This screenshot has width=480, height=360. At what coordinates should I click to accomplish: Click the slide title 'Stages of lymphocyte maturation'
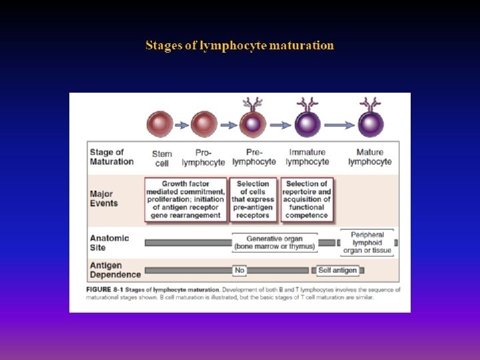click(x=239, y=46)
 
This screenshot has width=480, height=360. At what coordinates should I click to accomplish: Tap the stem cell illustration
click(x=161, y=124)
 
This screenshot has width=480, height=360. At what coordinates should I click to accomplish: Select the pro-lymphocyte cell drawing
click(x=204, y=124)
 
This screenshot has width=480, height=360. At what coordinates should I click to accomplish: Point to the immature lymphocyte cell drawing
click(x=307, y=124)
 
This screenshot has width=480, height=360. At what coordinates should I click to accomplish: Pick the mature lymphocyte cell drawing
click(x=370, y=124)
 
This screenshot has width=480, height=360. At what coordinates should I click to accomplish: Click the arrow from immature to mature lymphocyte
click(x=339, y=124)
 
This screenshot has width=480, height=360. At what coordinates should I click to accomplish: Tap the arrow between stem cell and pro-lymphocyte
click(x=182, y=124)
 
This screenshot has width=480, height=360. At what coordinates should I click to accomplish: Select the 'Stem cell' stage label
click(x=161, y=157)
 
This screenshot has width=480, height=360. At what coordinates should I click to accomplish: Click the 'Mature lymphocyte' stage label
click(x=370, y=157)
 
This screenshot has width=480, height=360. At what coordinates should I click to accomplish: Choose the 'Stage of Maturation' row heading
click(x=111, y=157)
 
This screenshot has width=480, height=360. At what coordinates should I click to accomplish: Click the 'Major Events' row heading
click(x=104, y=199)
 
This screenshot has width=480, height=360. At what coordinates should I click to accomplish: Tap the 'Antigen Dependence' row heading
click(x=115, y=270)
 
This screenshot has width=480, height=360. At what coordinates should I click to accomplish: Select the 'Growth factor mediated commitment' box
click(x=185, y=199)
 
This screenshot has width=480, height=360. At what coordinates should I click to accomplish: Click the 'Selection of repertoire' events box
click(x=307, y=199)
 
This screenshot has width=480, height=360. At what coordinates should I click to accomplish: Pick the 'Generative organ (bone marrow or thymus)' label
click(x=274, y=243)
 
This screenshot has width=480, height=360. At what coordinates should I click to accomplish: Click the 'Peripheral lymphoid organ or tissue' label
click(x=367, y=243)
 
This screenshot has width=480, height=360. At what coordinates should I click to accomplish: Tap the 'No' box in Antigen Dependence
click(x=240, y=270)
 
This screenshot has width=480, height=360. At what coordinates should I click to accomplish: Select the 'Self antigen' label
click(x=337, y=270)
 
